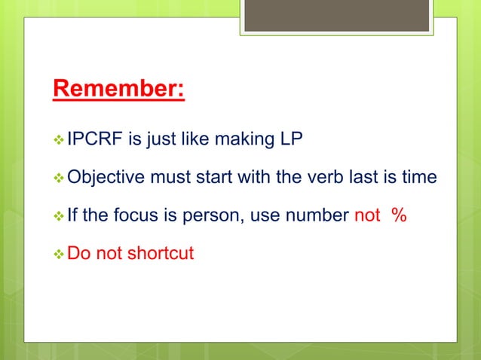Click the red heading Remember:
coord(118,88)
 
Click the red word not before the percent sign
coord(367,216)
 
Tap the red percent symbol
coord(400,216)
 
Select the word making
coord(244,139)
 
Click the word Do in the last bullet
coord(78,252)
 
